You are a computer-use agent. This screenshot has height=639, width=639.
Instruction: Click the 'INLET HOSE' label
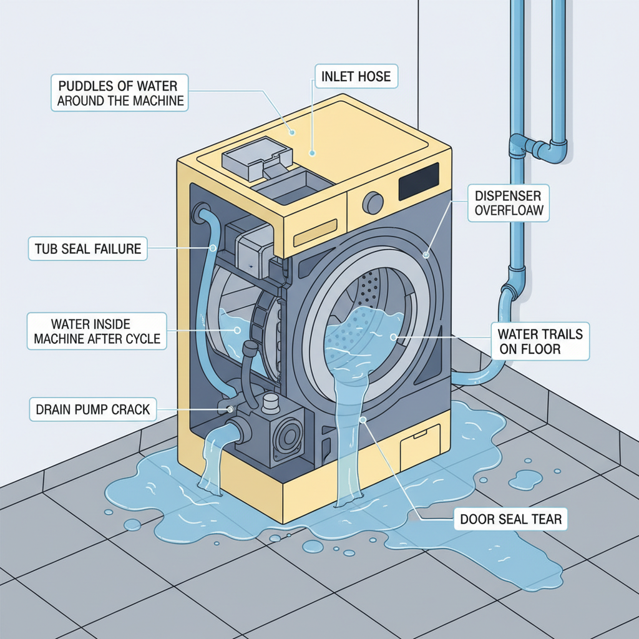point(356,77)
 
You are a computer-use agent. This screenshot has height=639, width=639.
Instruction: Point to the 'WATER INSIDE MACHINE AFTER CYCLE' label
point(97,331)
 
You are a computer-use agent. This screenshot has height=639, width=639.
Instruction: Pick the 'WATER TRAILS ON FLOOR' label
point(539,341)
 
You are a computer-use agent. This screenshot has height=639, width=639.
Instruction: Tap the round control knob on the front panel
point(373,202)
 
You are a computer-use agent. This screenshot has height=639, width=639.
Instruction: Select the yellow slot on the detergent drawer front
point(315,235)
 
